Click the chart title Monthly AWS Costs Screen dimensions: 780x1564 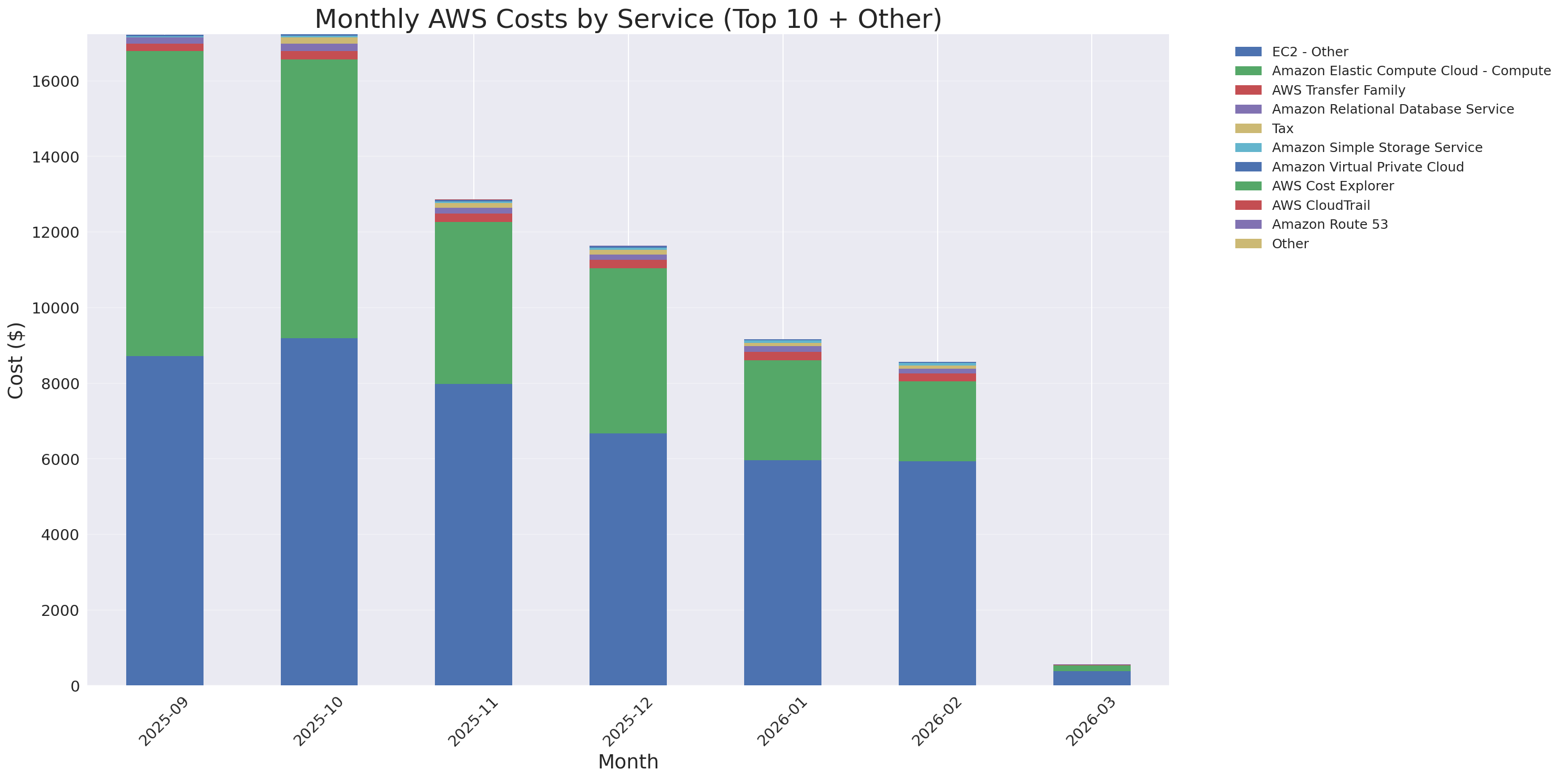click(x=628, y=19)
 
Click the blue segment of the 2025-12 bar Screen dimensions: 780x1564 click(x=628, y=559)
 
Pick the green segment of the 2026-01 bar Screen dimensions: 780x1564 click(x=783, y=410)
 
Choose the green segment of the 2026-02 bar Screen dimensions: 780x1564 click(x=937, y=421)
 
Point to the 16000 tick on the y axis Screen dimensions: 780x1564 click(x=55, y=82)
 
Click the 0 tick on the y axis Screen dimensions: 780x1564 click(x=75, y=686)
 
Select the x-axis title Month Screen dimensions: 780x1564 click(x=628, y=761)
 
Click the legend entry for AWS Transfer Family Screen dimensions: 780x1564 click(x=1338, y=90)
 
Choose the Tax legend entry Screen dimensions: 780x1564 click(x=1282, y=129)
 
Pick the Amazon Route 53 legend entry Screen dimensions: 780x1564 click(x=1329, y=225)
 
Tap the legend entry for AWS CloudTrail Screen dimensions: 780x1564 click(x=1321, y=205)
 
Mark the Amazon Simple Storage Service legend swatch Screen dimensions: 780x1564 click(x=1248, y=147)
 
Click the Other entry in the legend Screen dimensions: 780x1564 click(x=1289, y=244)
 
